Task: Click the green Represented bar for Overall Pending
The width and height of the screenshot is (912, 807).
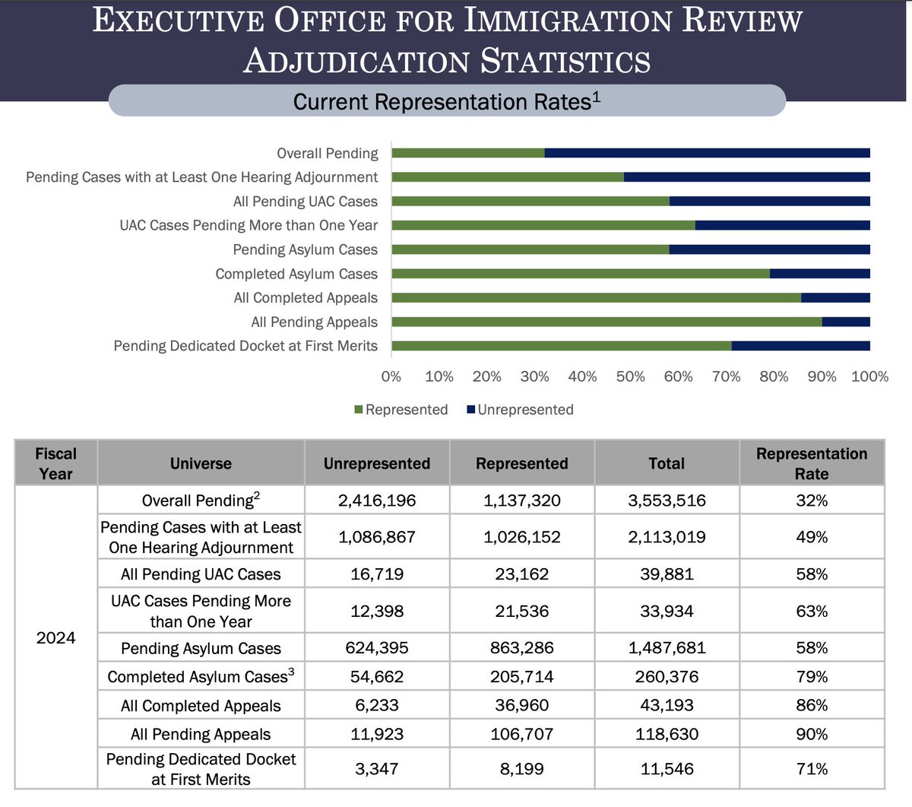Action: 467,153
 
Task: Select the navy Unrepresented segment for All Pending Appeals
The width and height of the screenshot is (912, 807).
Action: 846,322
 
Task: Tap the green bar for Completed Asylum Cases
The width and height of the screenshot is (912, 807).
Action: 580,274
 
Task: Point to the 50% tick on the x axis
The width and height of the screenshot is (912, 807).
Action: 630,376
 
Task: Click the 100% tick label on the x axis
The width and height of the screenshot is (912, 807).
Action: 869,376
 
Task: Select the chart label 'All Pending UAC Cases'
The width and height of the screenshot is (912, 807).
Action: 305,202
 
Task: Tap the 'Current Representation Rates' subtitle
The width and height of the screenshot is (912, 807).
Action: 446,101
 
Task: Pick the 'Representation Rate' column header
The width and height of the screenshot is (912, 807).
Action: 811,463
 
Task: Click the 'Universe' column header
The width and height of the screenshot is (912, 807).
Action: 201,463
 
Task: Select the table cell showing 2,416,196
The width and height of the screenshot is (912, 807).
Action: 377,500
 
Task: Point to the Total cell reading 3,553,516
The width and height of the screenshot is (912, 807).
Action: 667,500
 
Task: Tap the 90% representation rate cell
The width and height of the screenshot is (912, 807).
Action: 811,734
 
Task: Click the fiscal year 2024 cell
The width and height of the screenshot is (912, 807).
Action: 56,637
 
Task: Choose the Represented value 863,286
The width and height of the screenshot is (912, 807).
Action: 521,648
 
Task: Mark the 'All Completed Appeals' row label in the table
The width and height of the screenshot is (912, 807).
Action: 201,706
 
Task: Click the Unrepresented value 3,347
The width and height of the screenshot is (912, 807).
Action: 377,769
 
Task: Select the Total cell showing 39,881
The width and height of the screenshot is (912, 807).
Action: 667,574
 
